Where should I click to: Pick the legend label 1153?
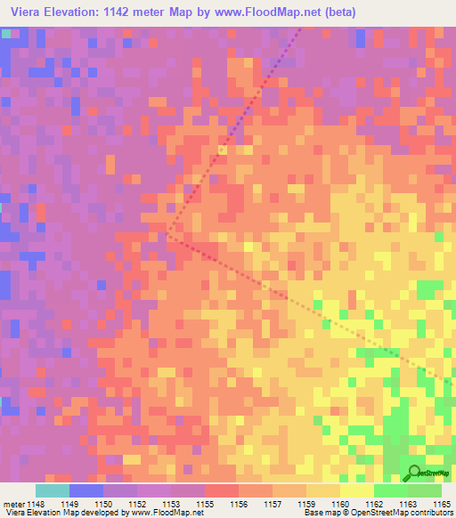coord(172,504)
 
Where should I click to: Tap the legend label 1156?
coord(240,504)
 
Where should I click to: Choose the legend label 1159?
coord(307,504)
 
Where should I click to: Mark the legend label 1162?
coord(374,504)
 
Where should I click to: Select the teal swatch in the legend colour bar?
coord(53,490)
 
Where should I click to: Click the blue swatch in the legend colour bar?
coord(86,490)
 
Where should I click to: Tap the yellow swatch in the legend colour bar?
coord(356,490)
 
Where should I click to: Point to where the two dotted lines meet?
coord(167,236)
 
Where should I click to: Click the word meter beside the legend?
coord(12,504)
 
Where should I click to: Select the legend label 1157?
coord(273,504)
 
